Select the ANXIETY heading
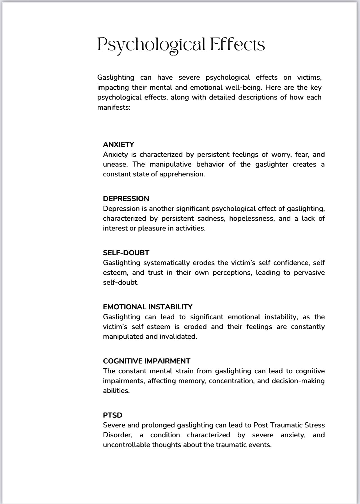(x=118, y=144)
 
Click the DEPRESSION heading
(x=126, y=199)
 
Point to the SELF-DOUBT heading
(x=126, y=253)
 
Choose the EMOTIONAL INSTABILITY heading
(x=148, y=307)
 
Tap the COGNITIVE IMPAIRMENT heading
(x=146, y=361)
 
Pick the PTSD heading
(x=113, y=415)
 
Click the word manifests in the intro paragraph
(x=114, y=107)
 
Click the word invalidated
(x=178, y=337)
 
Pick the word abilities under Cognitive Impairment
(x=116, y=391)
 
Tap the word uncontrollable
(x=126, y=445)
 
